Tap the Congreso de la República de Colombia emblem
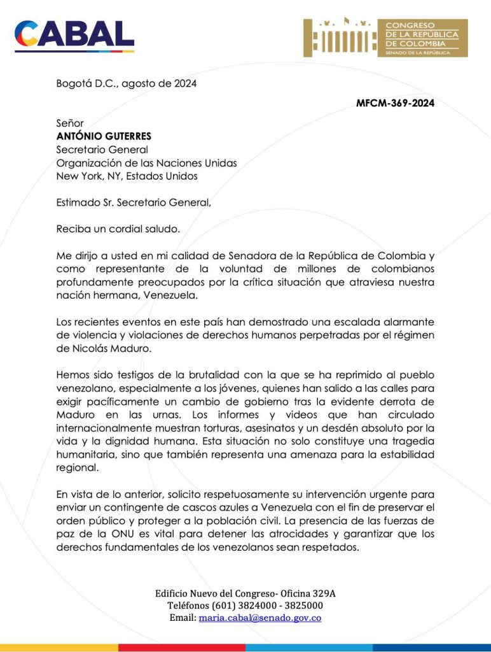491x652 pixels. (385, 38)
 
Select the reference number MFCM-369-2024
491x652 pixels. (395, 103)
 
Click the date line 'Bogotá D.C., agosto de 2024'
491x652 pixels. (127, 83)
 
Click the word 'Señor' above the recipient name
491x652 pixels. (70, 123)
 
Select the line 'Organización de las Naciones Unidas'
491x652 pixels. (146, 163)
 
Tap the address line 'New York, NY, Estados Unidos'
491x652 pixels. (127, 176)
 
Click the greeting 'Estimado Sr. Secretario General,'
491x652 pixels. (133, 202)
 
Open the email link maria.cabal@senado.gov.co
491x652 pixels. (260, 618)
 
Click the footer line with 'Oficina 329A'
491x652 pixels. (246, 593)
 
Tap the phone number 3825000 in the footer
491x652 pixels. (301, 606)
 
